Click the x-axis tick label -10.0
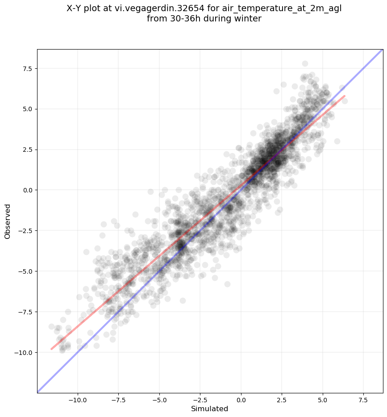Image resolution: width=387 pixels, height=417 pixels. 78,400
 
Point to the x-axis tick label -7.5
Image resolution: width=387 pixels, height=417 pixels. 119,400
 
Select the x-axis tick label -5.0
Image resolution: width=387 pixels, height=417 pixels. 159,400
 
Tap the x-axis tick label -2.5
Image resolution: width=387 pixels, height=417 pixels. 200,400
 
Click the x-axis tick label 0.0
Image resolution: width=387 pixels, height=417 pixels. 241,400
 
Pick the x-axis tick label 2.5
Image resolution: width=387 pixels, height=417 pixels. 282,400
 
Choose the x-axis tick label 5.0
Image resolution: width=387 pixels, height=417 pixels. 323,400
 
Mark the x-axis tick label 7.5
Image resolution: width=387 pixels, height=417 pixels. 363,400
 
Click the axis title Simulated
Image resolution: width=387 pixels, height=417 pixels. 210,409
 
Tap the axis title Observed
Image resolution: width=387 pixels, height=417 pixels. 8,221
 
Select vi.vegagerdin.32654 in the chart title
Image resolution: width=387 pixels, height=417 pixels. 159,9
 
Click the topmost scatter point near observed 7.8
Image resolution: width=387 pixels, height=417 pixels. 305,63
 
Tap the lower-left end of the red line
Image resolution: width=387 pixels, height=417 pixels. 51,349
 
